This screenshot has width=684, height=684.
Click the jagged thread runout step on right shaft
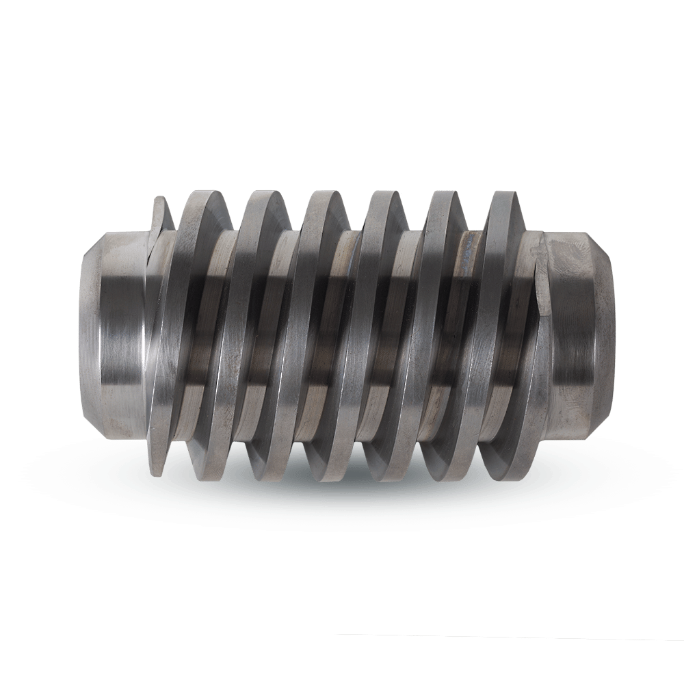[544, 274]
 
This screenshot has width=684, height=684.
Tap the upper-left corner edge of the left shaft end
[103, 236]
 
